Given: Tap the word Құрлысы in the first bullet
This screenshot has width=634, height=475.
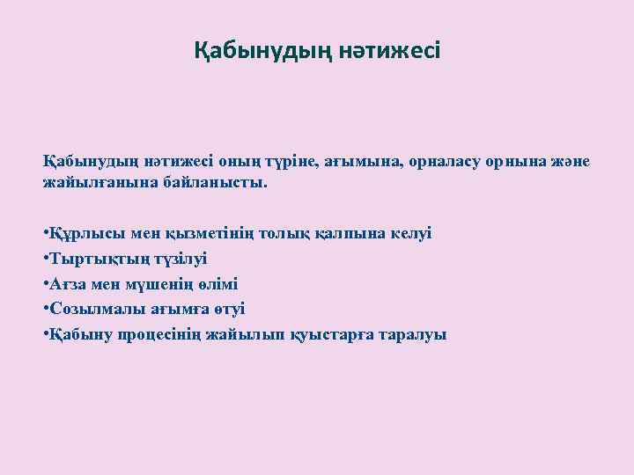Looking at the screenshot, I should tap(78, 234).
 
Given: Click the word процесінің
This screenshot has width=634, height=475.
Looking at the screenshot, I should tap(166, 334).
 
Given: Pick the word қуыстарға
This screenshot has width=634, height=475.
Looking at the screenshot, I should tap(330, 334).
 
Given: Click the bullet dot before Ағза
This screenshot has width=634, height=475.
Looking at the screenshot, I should tap(45, 284).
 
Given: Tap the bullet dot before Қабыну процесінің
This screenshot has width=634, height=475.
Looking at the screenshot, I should tap(45, 334).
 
